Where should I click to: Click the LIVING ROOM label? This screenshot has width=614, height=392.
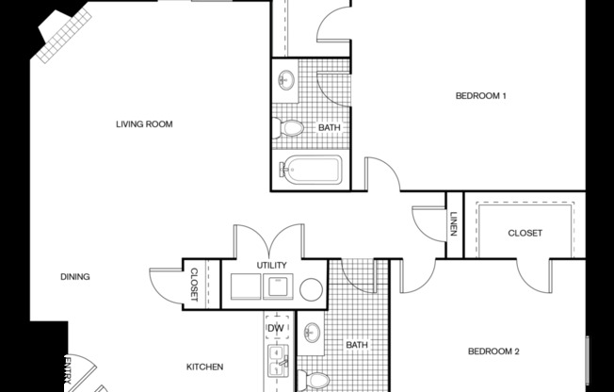(144, 123)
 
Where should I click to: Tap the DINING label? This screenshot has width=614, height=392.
(75, 277)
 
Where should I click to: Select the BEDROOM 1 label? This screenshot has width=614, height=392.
(481, 95)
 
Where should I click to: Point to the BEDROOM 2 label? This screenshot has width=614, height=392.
(494, 351)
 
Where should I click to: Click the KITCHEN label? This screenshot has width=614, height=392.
(203, 367)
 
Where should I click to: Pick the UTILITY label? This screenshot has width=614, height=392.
(272, 266)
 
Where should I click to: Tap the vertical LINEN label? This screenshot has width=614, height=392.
(453, 225)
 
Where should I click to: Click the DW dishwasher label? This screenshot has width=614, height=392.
(276, 328)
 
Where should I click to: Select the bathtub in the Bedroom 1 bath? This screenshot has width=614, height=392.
(310, 171)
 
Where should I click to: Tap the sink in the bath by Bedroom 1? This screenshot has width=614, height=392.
(286, 80)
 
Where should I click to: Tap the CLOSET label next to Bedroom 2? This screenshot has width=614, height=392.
(525, 233)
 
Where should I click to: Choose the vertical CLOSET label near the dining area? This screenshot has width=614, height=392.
(194, 284)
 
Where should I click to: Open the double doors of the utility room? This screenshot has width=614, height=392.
(269, 238)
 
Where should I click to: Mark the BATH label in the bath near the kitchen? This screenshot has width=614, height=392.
(356, 345)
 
